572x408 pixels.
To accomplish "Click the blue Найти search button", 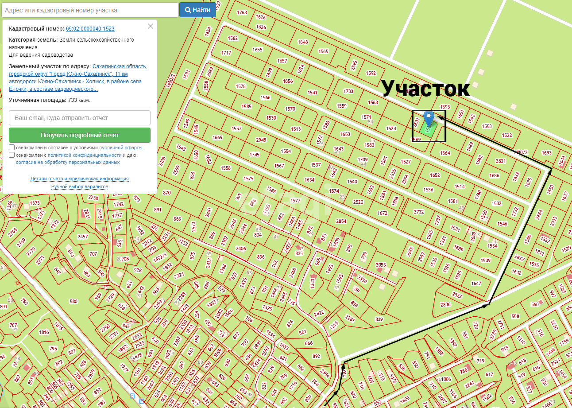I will pos(197,10).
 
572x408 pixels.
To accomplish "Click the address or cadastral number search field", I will pos(90,10).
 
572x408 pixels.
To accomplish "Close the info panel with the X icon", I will pos(151,26).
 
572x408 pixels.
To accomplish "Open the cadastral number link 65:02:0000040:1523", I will pos(90,29).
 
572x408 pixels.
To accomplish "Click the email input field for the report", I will pos(80,118).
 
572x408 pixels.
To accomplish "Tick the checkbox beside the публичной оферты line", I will pos(12,148).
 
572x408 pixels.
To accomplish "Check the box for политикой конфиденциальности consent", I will pos(12,155).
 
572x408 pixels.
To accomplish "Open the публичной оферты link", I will pos(121,148).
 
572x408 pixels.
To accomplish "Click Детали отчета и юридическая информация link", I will pos(80,179).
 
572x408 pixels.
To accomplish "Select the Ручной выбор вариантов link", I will pos(80,187).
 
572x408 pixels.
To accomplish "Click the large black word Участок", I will pos(425,89).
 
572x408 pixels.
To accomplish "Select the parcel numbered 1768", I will pos(242,12).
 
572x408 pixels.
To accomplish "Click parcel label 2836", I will pos(445,304).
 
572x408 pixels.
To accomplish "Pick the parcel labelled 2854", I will pos(341,221).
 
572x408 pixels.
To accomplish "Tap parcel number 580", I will pos(73,301).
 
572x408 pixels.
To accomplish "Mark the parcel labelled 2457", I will pos(83,237).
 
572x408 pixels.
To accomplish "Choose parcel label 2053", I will pos(381,265).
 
